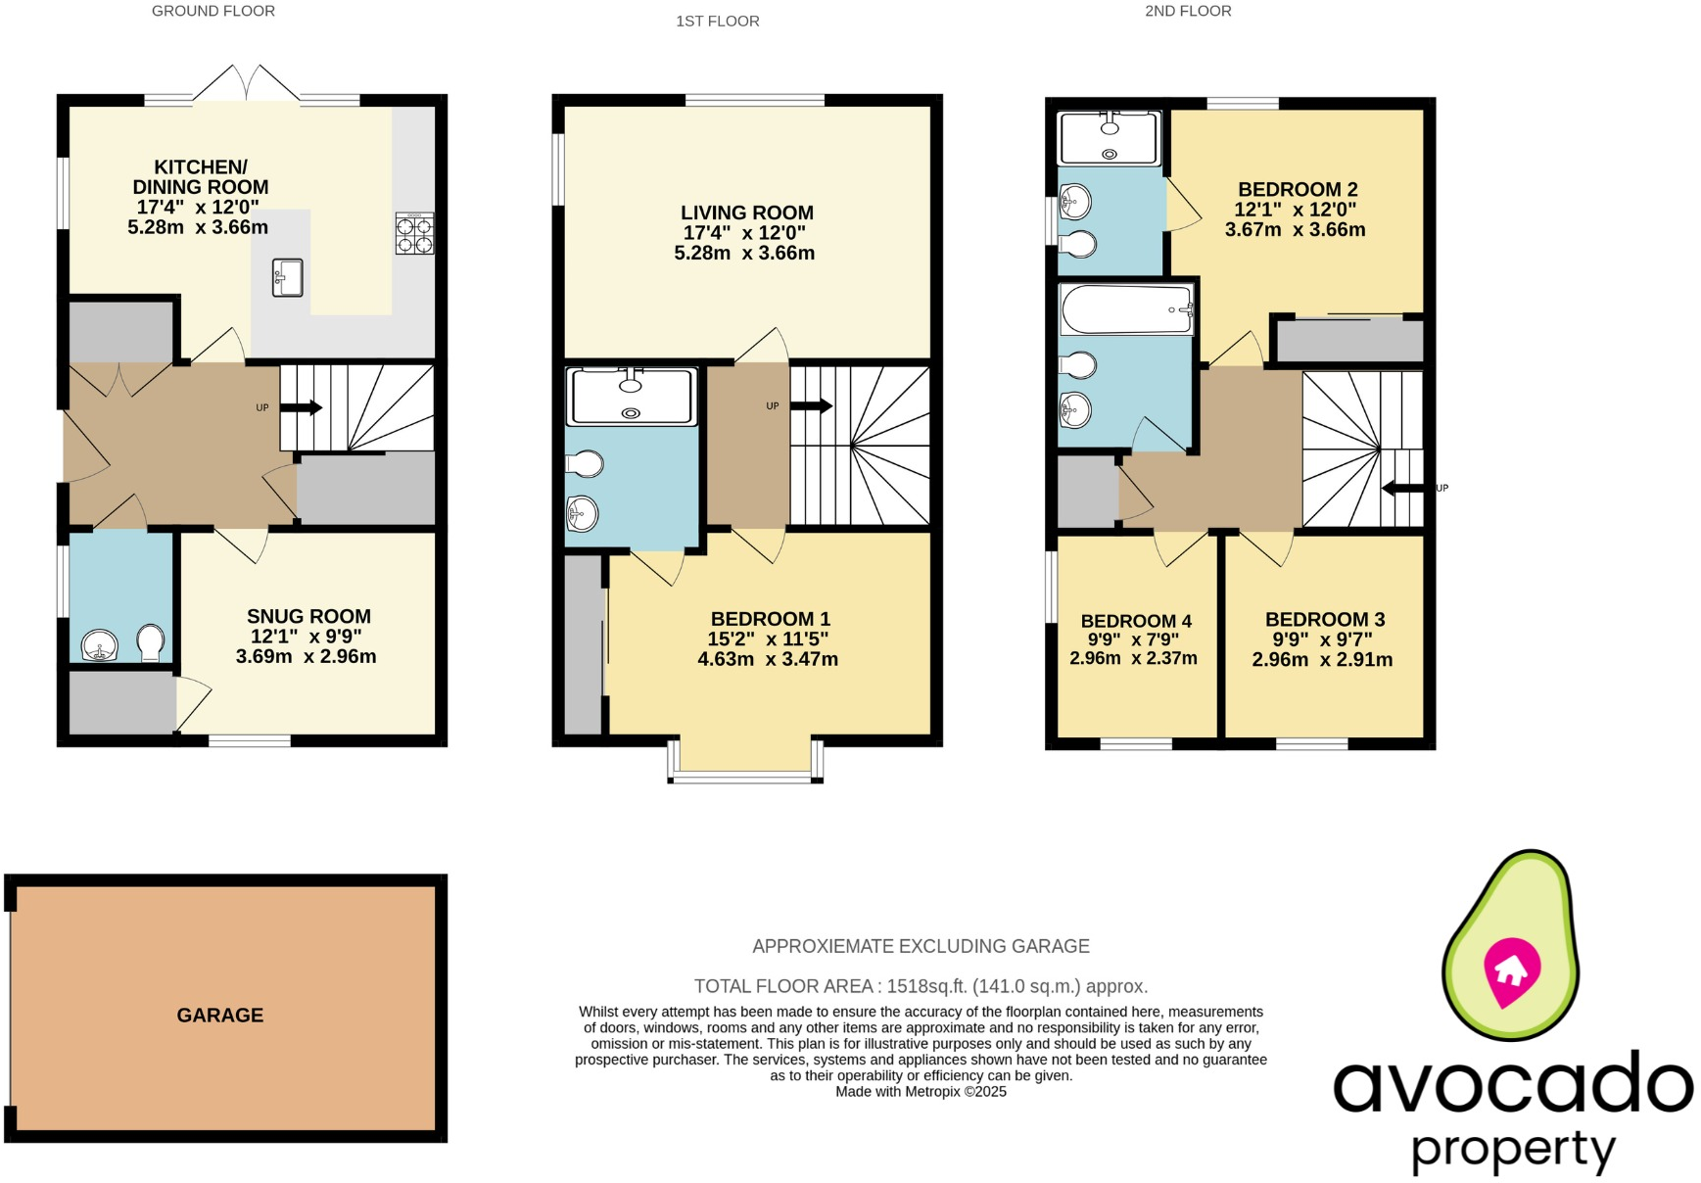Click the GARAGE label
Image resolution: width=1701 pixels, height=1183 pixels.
coord(219,1016)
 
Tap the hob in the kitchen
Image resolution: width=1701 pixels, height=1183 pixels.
coord(414,234)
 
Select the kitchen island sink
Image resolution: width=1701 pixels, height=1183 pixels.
coord(287,277)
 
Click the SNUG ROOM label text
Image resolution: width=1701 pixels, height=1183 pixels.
coord(308,616)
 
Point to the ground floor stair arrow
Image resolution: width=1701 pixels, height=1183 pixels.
coord(302,407)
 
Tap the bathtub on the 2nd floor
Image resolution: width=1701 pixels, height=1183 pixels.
coord(1126,308)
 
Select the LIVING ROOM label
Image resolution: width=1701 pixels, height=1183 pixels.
coord(747,213)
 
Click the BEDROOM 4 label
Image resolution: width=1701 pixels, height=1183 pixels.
coord(1136,621)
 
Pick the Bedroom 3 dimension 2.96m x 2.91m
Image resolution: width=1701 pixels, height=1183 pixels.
coord(1322,660)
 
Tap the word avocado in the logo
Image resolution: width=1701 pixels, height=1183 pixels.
coord(1513,1084)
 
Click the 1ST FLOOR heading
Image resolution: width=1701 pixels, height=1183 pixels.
coord(717,21)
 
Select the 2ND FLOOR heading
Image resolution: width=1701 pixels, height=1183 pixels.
coord(1188,11)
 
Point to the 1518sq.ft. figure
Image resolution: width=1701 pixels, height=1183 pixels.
coord(927,986)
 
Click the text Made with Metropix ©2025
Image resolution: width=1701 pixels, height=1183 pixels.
coord(921,1091)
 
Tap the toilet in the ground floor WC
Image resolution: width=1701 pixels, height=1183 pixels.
coord(150,642)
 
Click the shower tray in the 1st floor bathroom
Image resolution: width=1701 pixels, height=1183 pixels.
coord(632,396)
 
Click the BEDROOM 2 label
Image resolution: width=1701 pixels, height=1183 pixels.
coord(1298,189)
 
